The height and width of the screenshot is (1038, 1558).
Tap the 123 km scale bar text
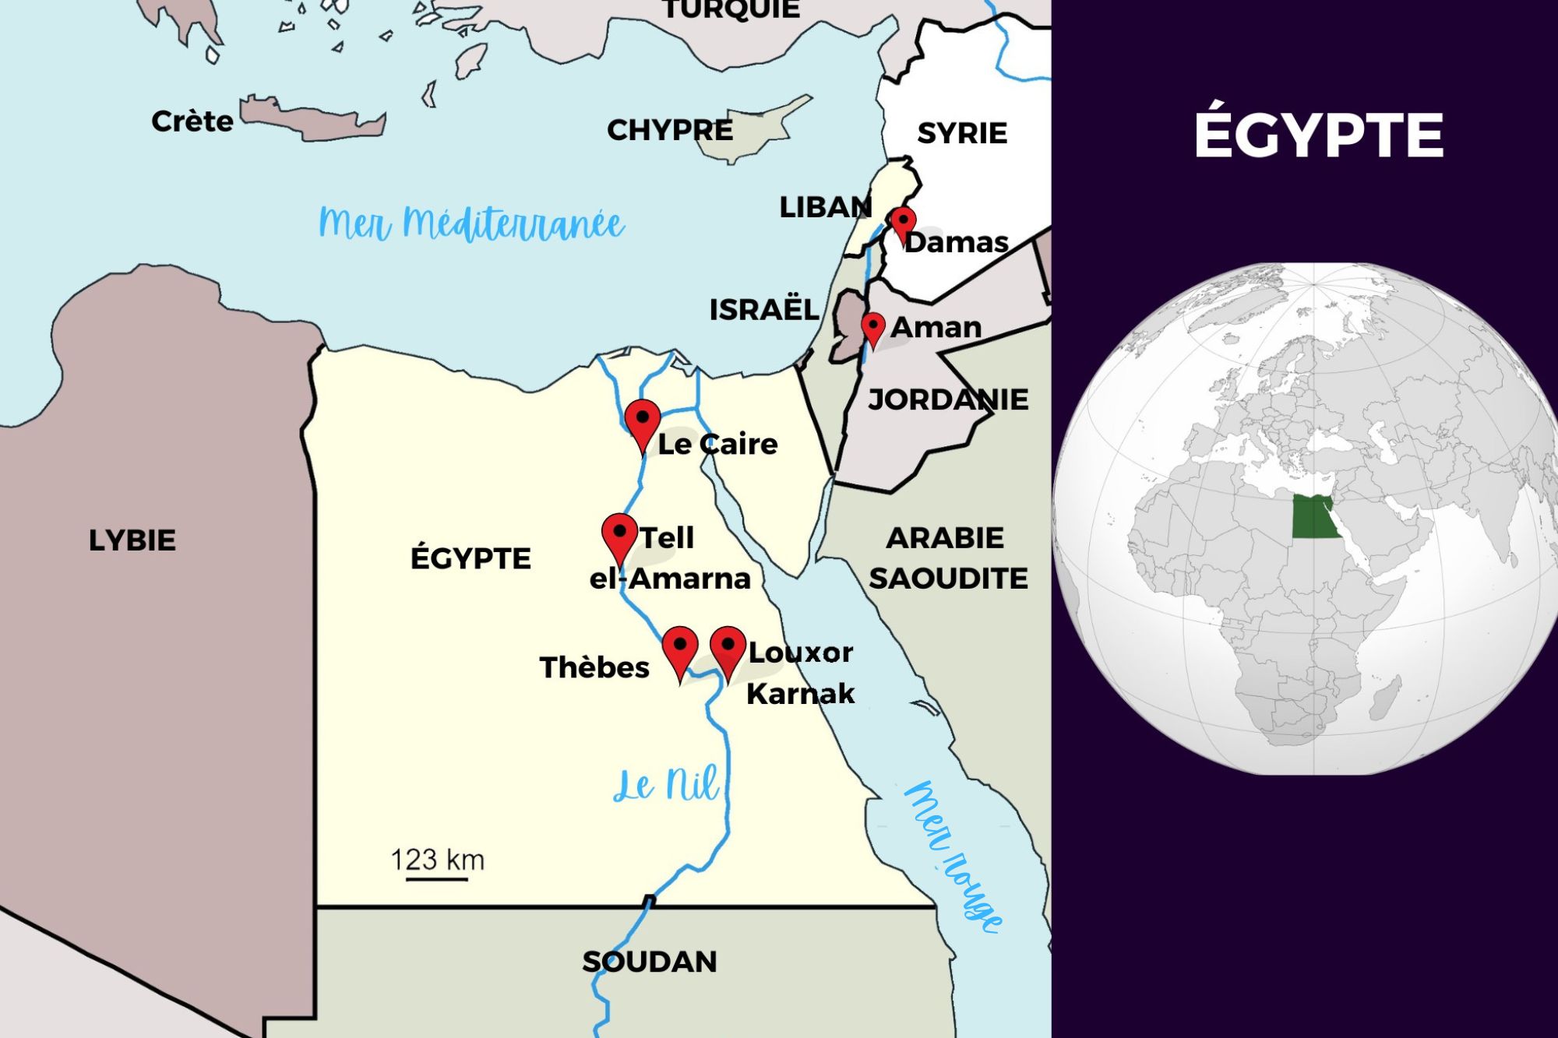coord(437,860)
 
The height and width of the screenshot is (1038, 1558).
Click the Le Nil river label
coord(666,785)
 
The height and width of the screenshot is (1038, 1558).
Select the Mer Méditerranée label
coord(471,224)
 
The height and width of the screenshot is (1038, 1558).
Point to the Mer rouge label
coord(953,857)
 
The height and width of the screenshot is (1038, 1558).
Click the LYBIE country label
coord(132,540)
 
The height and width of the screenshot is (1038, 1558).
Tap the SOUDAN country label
coord(650,962)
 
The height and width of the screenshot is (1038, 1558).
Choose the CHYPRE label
coord(670,130)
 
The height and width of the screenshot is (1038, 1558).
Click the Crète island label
coord(192,121)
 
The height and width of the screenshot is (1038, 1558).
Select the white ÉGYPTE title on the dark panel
coord(1319,135)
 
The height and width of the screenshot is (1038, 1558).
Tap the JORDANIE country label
coord(948,399)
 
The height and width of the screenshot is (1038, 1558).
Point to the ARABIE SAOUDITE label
coord(947,558)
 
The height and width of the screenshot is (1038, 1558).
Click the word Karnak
coord(800,693)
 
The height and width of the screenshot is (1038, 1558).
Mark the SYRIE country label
coord(962,133)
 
